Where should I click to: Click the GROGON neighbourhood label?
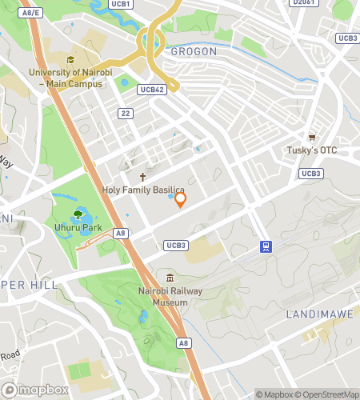point(193,51)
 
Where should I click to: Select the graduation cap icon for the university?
point(70,60)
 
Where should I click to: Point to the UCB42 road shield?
point(151,90)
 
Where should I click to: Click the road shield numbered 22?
point(125,114)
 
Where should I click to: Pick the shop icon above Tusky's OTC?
point(312,137)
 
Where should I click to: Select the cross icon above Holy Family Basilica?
point(143,177)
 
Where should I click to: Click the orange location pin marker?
point(181,199)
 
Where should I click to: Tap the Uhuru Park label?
point(78,228)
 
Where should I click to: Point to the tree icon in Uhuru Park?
point(78,214)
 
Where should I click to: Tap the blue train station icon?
point(264,247)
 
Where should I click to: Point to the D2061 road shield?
point(303,3)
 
